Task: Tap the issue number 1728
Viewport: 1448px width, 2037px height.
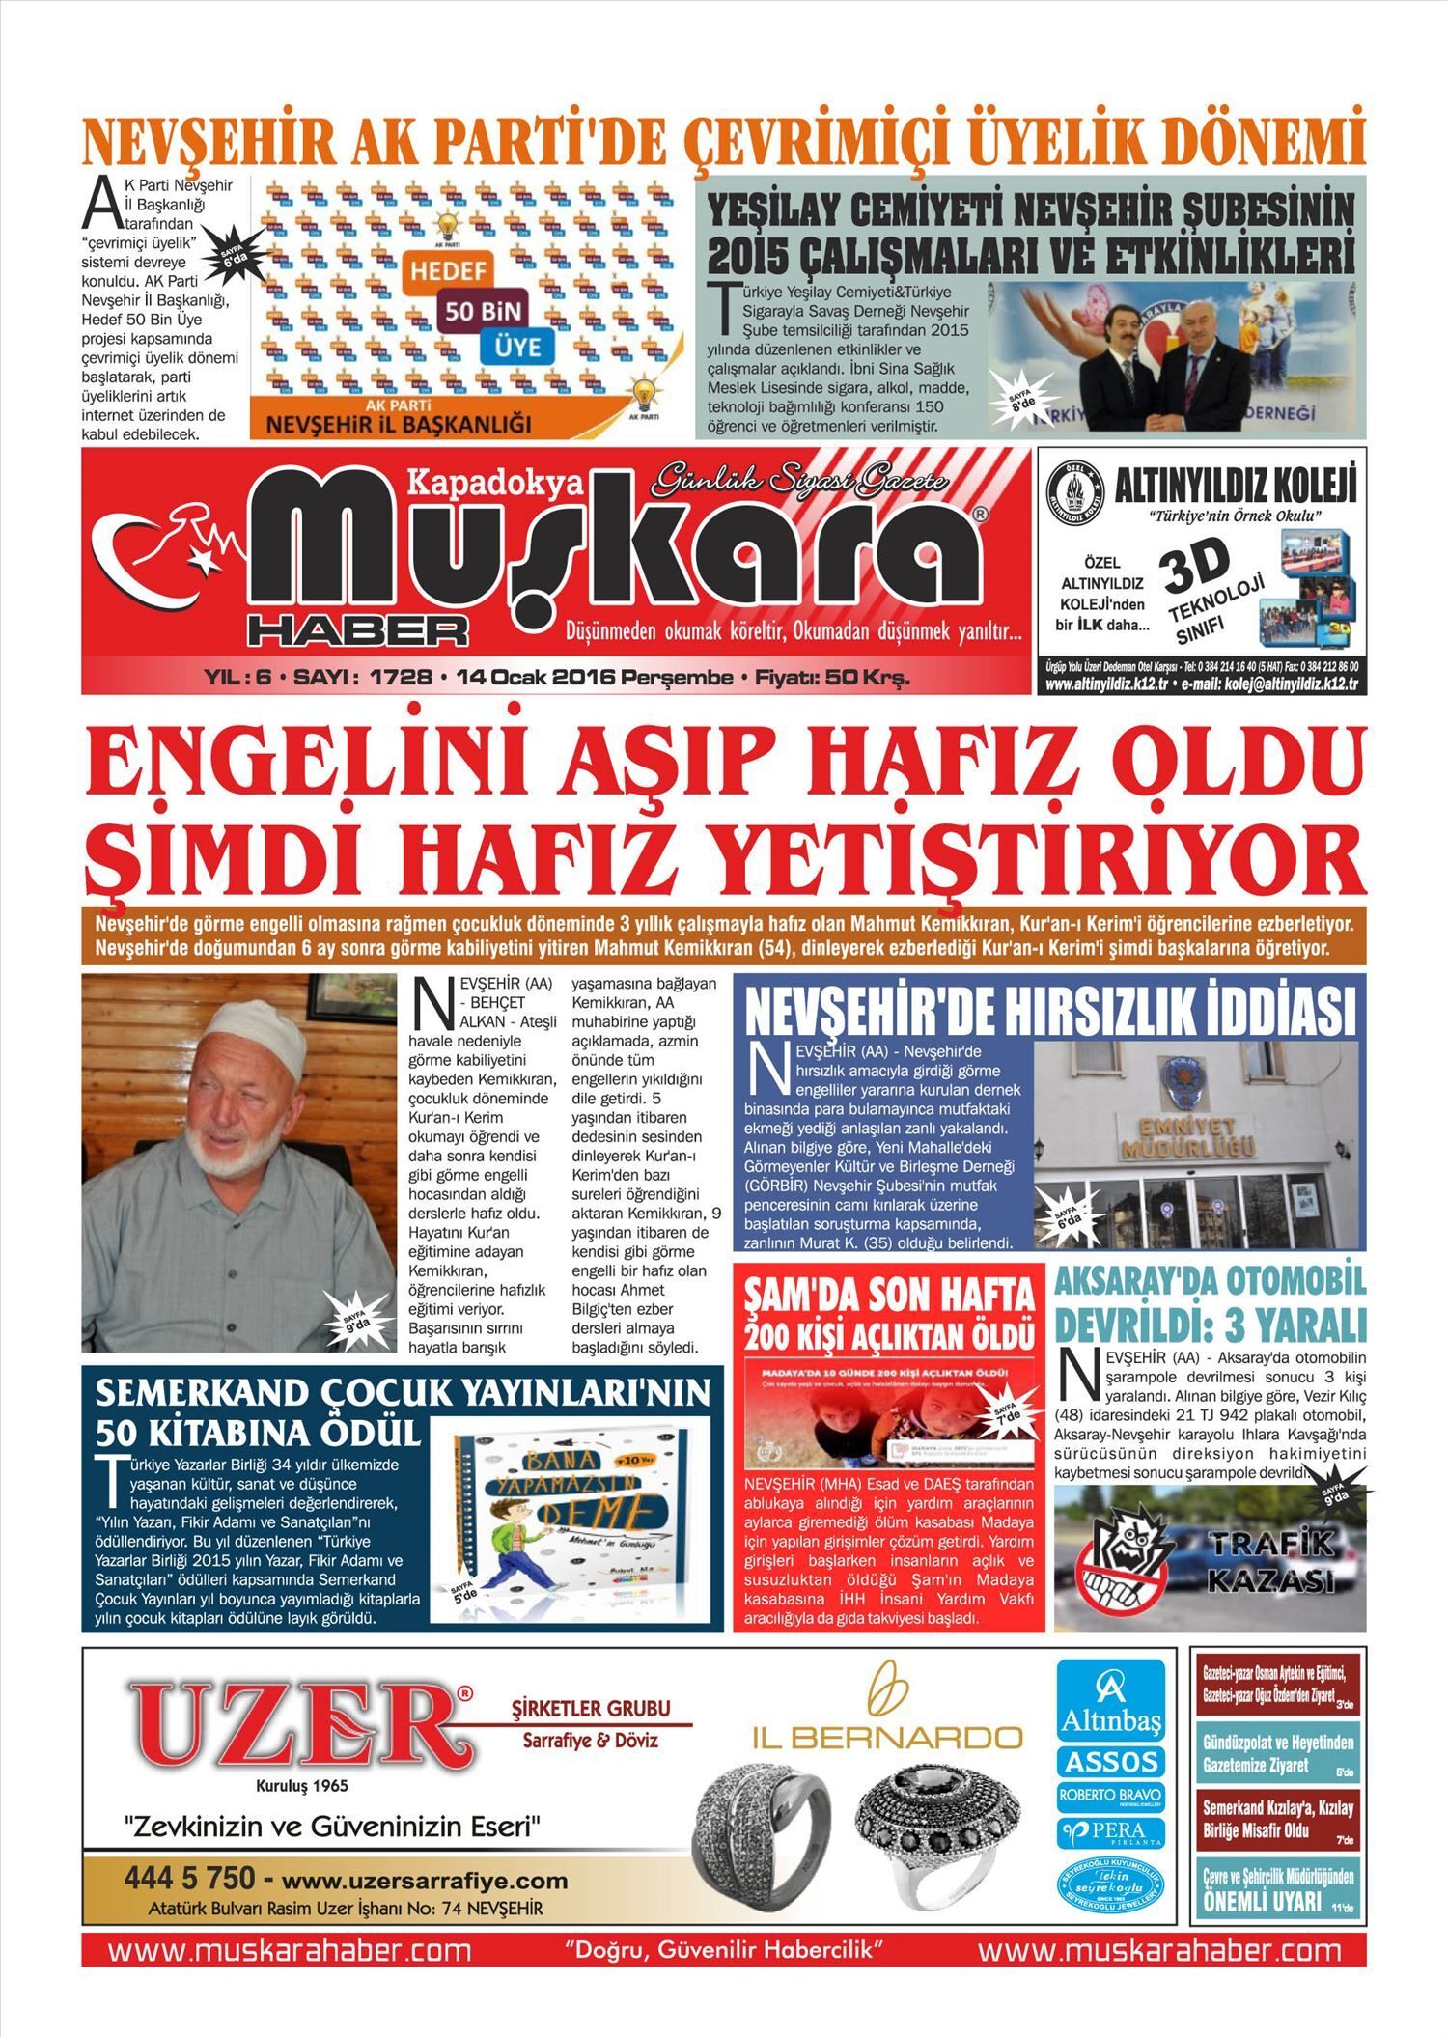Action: pos(401,678)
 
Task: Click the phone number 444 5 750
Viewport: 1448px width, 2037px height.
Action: pos(189,1878)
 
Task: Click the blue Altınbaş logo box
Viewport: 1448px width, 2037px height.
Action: pos(1110,1699)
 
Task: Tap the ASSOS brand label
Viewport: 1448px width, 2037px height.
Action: pos(1110,1762)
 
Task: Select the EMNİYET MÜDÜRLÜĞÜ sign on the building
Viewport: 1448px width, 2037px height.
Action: pos(1187,1137)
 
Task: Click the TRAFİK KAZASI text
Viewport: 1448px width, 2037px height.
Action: pos(1270,1561)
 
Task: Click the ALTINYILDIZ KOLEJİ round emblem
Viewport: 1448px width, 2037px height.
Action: pos(1075,491)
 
